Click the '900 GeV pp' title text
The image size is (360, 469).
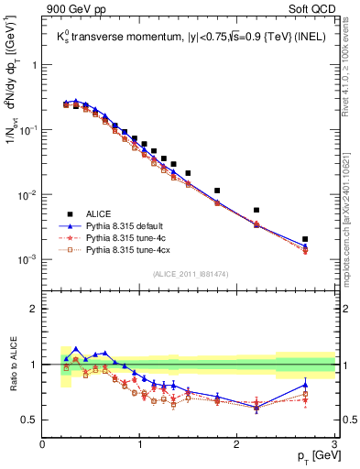click(78, 10)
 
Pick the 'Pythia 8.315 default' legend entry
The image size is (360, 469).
click(128, 224)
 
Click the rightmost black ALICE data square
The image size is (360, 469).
click(305, 239)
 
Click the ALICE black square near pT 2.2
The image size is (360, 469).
click(256, 210)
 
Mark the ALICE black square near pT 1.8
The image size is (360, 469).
click(217, 191)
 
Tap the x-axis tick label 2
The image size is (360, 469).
click(237, 444)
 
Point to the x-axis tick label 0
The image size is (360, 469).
click(42, 444)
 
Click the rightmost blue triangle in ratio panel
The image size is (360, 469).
click(305, 385)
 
